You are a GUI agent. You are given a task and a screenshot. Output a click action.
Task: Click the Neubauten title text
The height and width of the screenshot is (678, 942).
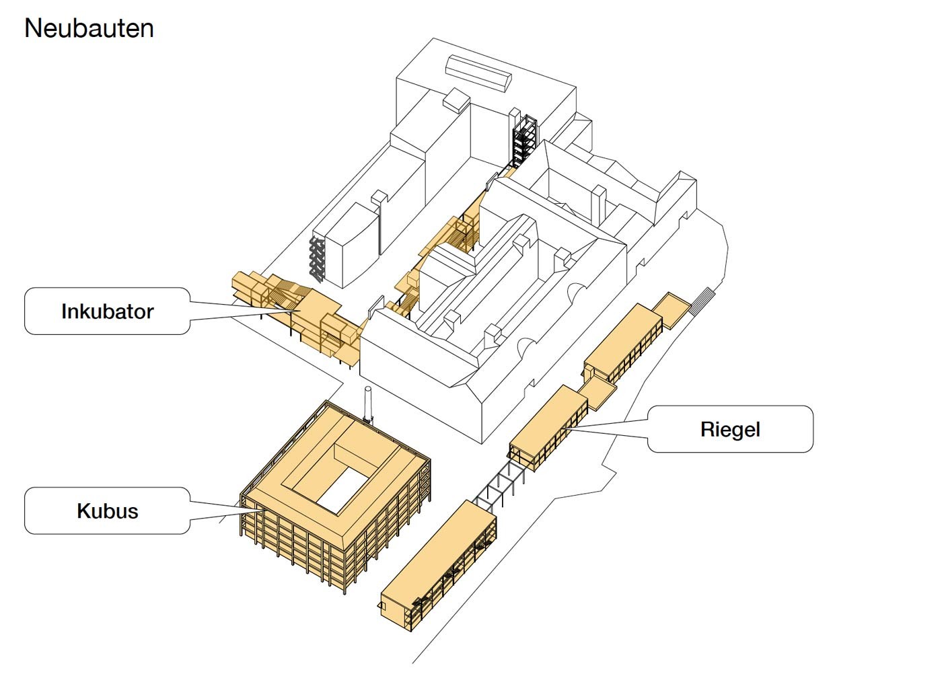click(89, 28)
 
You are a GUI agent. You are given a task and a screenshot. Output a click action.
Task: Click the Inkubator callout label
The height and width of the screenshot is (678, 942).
click(107, 311)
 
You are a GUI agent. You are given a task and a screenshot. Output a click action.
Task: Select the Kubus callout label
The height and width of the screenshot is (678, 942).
click(107, 511)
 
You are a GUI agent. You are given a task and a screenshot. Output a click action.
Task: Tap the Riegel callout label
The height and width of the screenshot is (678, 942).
click(730, 429)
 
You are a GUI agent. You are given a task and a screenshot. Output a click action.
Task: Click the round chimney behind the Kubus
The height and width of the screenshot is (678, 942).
click(368, 404)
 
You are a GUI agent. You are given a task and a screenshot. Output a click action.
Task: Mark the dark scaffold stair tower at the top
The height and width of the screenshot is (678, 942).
click(524, 140)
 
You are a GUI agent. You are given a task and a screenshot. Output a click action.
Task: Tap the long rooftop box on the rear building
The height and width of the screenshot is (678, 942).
click(478, 73)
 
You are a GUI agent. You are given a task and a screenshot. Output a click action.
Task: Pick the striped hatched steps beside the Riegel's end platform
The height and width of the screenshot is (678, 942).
click(703, 297)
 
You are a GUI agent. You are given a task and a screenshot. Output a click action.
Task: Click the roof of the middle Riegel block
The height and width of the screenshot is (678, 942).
click(548, 420)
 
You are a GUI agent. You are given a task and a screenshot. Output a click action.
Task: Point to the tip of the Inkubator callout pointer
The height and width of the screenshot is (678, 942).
click(300, 311)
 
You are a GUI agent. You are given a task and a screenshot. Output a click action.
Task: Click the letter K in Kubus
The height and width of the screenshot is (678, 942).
click(83, 511)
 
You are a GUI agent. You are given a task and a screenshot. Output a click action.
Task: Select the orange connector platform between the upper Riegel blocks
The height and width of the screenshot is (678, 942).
click(598, 393)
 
